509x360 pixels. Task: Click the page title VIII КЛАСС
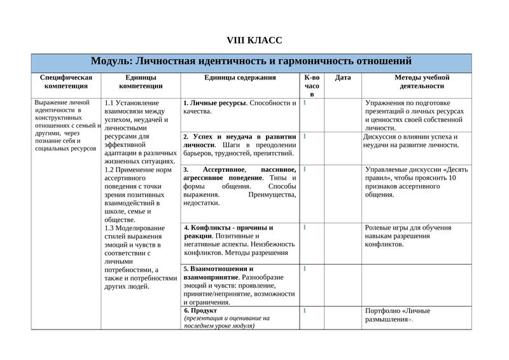tap(254, 41)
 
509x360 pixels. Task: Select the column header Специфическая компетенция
tap(66, 81)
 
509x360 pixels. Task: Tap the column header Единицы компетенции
tap(141, 81)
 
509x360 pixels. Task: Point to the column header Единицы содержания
tap(240, 78)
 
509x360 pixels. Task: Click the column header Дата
tap(342, 78)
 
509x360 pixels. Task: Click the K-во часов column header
tap(312, 85)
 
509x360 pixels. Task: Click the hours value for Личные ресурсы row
tap(305, 102)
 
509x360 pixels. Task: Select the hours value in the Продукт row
tap(305, 310)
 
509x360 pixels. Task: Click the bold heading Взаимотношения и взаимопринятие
tap(220, 273)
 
